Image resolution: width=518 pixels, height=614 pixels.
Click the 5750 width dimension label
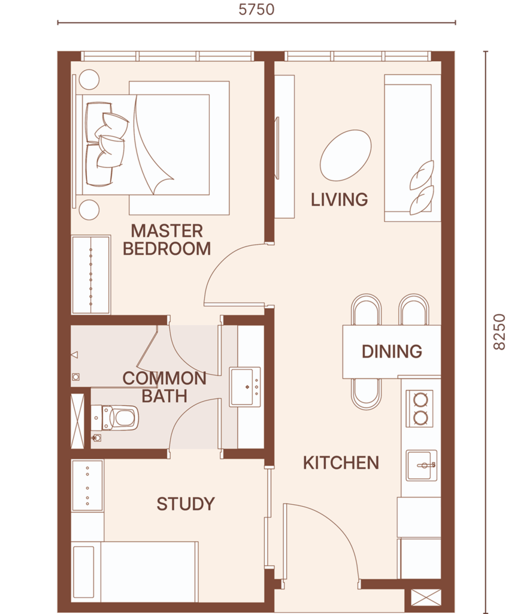coord(256,10)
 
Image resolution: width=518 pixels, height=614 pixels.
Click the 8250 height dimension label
coord(499,332)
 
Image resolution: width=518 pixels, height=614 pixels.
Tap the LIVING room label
coord(340,200)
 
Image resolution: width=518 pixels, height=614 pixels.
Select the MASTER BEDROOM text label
coord(167,240)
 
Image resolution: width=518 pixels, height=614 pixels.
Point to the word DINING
coord(392,351)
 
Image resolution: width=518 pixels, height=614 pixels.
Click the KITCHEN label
coord(341,463)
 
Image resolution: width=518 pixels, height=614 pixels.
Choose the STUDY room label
coord(186,504)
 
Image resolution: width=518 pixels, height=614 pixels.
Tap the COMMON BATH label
coord(164,387)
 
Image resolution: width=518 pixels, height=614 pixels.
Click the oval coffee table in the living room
coord(346,155)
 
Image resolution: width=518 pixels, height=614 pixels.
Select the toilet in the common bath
coord(115,418)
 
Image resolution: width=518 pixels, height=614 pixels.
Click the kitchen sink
coord(421,465)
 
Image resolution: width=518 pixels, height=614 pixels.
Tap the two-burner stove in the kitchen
coord(420,408)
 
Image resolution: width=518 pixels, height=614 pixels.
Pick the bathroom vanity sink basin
coord(245,387)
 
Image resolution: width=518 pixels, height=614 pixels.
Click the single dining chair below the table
coord(366,393)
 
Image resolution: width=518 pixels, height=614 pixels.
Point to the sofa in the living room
coord(413,148)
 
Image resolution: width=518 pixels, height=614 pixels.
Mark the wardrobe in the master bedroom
coord(90,274)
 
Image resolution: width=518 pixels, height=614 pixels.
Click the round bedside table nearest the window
coord(89,80)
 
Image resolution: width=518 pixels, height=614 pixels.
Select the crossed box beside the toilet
coord(77,421)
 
